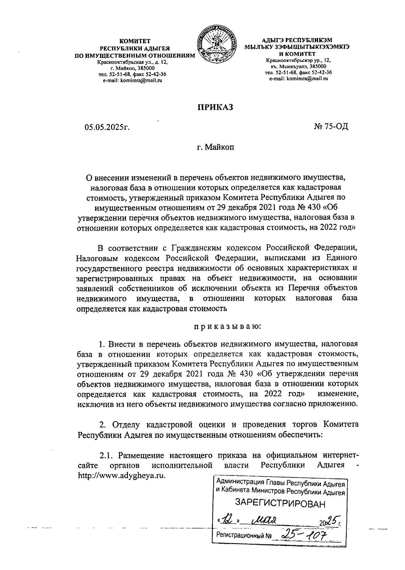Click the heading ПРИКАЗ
click(x=215, y=107)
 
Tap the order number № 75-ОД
click(x=331, y=126)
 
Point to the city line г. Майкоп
click(x=215, y=147)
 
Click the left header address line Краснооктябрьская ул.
click(x=128, y=62)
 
